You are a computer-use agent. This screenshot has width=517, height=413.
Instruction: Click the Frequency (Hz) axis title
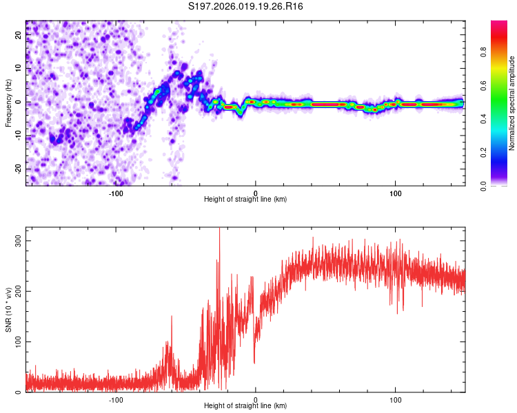click(x=8, y=103)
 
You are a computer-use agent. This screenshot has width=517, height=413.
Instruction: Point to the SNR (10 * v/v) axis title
click(x=8, y=309)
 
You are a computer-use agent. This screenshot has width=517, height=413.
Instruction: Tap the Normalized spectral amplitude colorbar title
click(x=512, y=103)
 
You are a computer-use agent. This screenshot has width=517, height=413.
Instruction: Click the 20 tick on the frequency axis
click(x=19, y=36)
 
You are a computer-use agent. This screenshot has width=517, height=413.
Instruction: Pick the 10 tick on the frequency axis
click(x=19, y=69)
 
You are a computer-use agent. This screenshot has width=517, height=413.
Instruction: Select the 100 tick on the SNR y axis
click(x=19, y=341)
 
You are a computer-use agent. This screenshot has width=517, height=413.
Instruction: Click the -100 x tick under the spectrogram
click(x=116, y=193)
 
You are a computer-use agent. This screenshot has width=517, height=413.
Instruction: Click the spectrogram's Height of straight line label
click(x=245, y=200)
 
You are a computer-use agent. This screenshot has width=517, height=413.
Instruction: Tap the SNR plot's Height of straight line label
click(x=245, y=406)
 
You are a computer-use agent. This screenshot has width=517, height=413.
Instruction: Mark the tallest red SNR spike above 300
click(x=219, y=230)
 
